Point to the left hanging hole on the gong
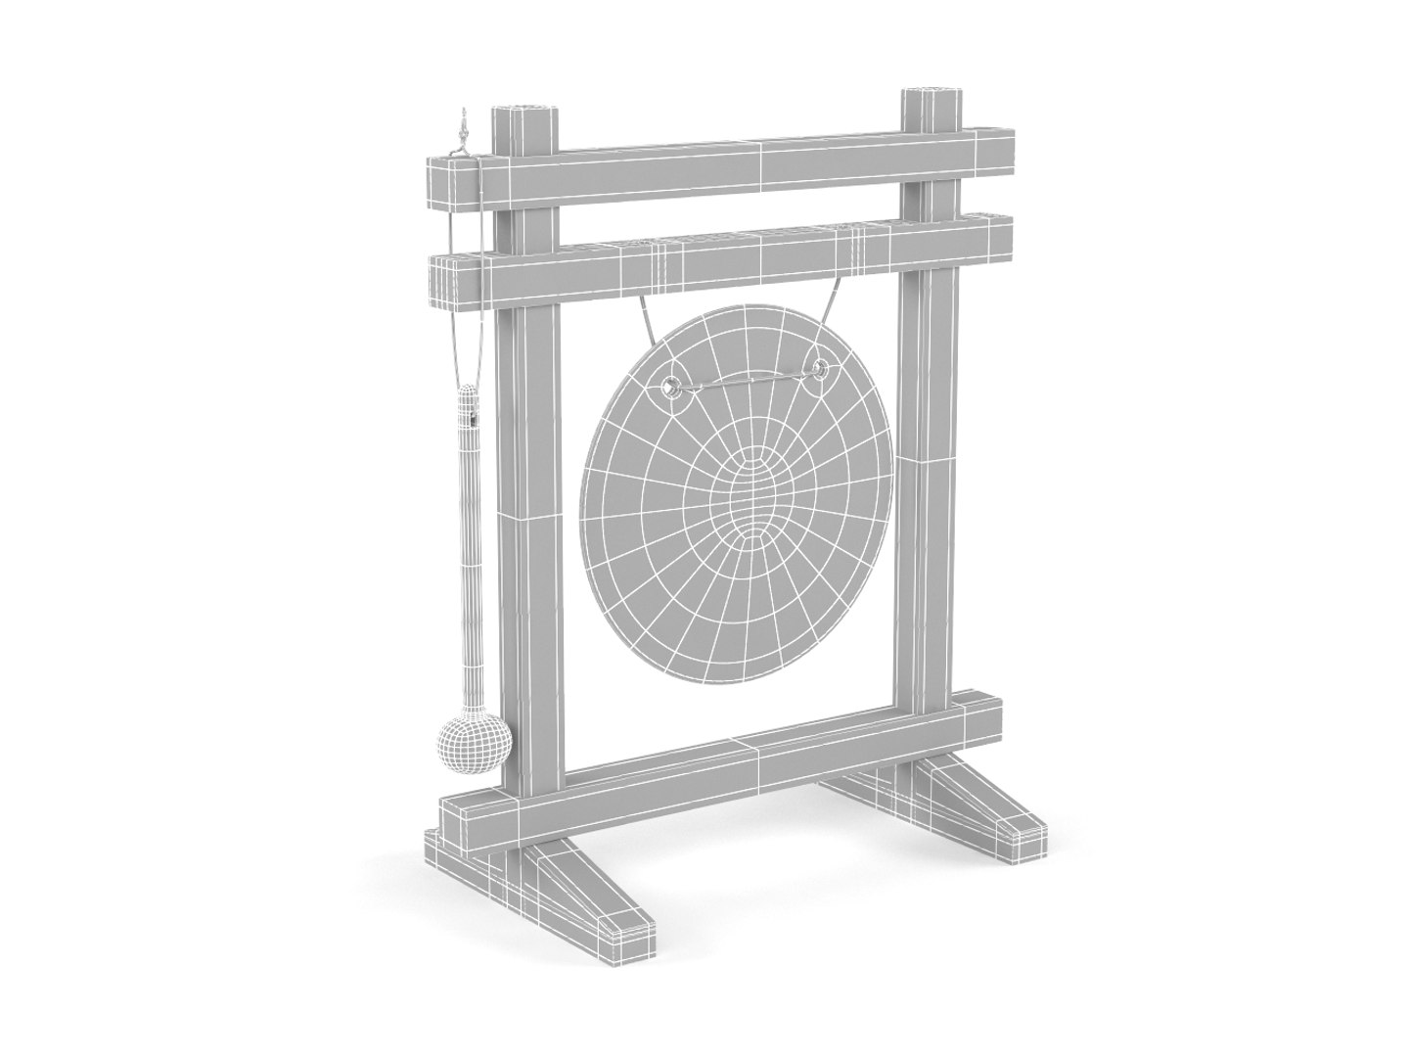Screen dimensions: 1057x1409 pos(672,385)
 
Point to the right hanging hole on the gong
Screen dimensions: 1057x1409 pos(818,369)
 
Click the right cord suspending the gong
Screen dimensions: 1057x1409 pos(833,311)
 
